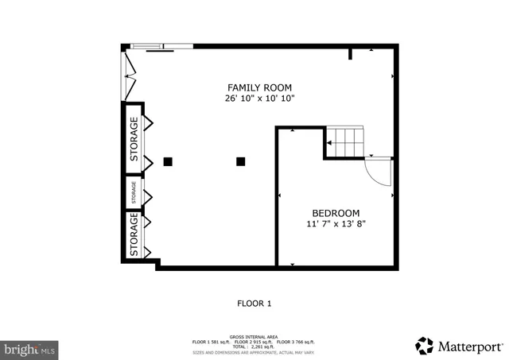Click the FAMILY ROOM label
pyautogui.click(x=259, y=87)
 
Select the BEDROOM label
pyautogui.click(x=336, y=213)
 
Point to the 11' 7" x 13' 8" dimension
pyautogui.click(x=336, y=224)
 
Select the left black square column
pyautogui.click(x=168, y=161)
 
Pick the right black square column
pyautogui.click(x=240, y=161)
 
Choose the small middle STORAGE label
pyautogui.click(x=134, y=192)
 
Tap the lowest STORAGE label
pyautogui.click(x=134, y=234)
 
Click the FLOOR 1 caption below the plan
pyautogui.click(x=254, y=303)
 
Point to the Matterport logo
pyautogui.click(x=460, y=346)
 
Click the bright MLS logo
pyautogui.click(x=29, y=348)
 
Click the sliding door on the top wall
pyautogui.click(x=162, y=47)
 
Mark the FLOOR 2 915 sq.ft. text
pyautogui.click(x=254, y=342)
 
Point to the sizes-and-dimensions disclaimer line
pyautogui.click(x=254, y=351)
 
